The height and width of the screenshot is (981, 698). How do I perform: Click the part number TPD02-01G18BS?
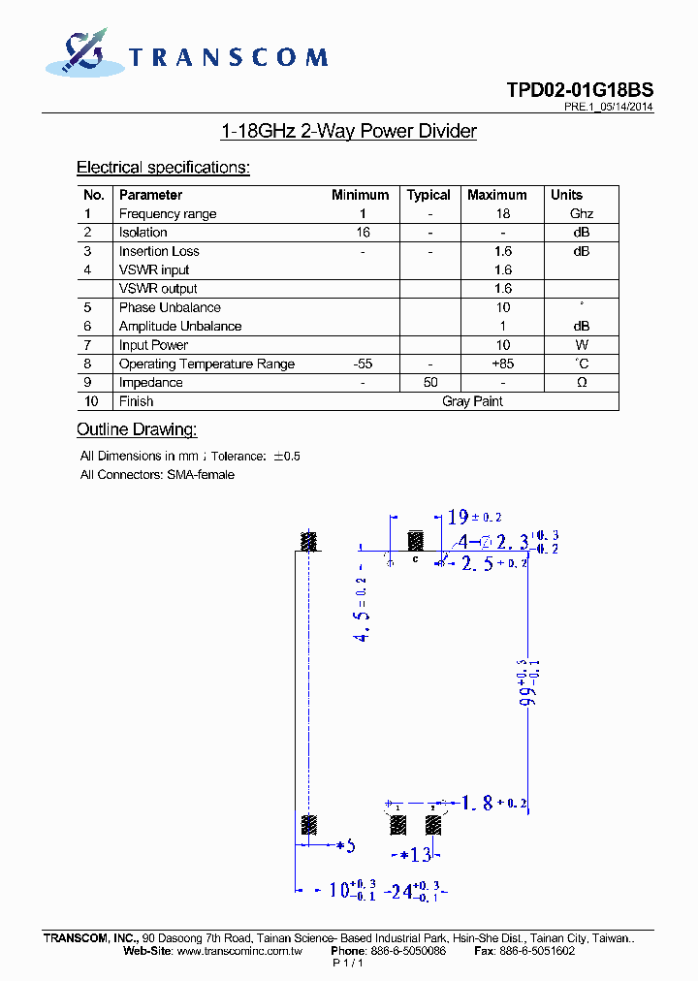pos(579,90)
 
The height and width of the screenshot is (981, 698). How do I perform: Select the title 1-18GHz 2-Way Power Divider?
pos(349,132)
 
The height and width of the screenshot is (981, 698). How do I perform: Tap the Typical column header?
pos(428,195)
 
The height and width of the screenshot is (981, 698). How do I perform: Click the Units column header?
pos(566,195)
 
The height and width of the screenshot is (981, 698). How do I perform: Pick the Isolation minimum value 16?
pos(363,233)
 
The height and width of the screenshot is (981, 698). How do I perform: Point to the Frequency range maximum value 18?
pos(502,214)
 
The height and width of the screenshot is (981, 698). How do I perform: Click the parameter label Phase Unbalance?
pos(170,307)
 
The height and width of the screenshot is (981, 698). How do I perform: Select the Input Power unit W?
pos(581,345)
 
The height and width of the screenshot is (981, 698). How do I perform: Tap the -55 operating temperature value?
pos(363,364)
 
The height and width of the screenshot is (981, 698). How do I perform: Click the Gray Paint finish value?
pos(472,401)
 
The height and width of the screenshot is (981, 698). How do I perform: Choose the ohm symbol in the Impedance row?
pos(581,383)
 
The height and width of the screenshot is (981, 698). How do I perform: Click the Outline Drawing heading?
pos(137,429)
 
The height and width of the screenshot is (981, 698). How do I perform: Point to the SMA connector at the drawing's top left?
pos(309,541)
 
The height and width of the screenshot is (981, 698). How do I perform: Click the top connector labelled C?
pos(416,543)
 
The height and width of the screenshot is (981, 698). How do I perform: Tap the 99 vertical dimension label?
pos(529,682)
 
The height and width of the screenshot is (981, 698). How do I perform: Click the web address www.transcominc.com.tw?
pos(239,952)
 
